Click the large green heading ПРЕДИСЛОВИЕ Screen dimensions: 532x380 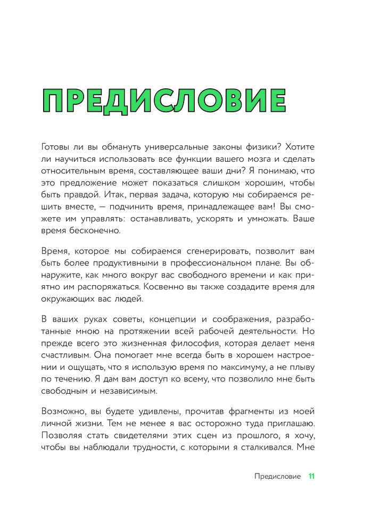tap(163, 101)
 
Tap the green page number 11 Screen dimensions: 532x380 tap(312, 476)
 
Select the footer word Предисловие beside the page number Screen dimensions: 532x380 tap(277, 476)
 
